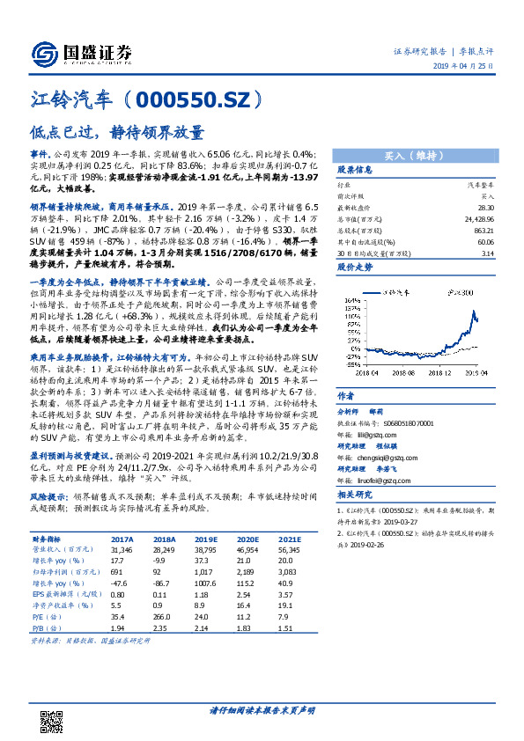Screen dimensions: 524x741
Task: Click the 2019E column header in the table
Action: click(x=184, y=539)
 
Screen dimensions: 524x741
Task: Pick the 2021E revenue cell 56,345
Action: click(x=262, y=548)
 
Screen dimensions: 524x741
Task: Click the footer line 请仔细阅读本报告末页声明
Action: click(x=262, y=709)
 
